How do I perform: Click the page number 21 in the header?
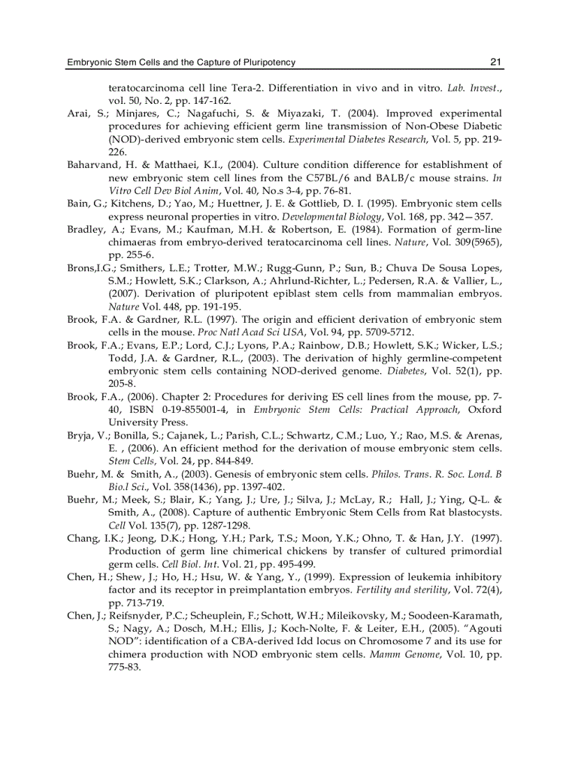coord(496,62)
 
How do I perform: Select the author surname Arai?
coord(77,114)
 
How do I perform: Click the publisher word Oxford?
coord(485,409)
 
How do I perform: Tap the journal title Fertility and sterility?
coord(400,589)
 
